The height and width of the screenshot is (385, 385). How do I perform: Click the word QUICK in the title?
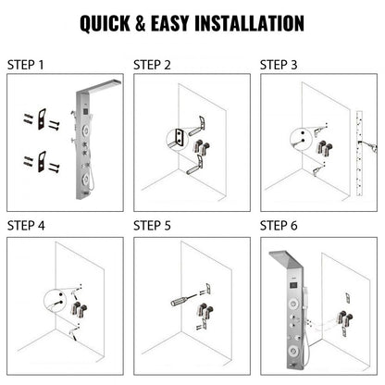[x=108, y=21]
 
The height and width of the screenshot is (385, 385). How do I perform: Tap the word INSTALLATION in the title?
[x=248, y=21]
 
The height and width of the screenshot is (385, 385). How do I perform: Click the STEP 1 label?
[x=26, y=65]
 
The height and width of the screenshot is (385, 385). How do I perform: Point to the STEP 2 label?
[x=153, y=65]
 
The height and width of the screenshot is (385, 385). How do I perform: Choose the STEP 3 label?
[x=279, y=65]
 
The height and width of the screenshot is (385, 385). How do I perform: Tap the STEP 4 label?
[x=26, y=224]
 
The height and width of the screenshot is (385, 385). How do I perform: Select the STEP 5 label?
[x=153, y=224]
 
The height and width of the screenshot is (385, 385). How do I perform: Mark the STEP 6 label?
[x=279, y=224]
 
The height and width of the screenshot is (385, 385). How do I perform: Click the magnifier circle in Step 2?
[x=172, y=139]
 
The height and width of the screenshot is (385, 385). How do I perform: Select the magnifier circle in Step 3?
[x=298, y=140]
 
